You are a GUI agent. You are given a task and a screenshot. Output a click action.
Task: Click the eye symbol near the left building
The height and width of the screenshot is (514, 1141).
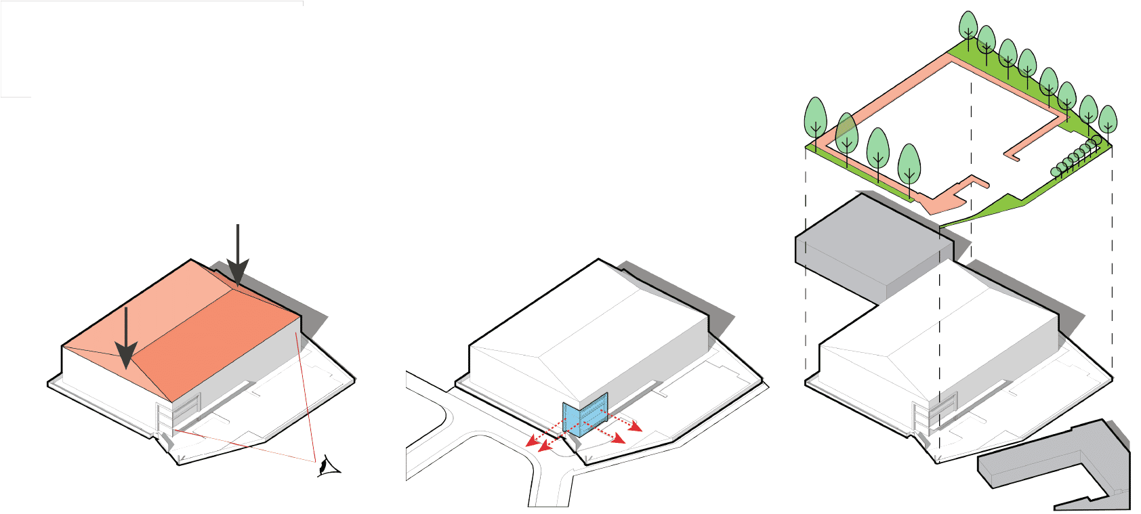pyautogui.click(x=329, y=467)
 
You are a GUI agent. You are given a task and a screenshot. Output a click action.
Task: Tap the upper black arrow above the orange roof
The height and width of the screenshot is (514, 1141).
pyautogui.click(x=238, y=257)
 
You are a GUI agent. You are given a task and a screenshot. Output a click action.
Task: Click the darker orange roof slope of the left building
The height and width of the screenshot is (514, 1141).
pyautogui.click(x=217, y=339)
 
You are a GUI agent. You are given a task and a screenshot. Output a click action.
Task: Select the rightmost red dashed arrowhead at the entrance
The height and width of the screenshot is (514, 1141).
pyautogui.click(x=636, y=427)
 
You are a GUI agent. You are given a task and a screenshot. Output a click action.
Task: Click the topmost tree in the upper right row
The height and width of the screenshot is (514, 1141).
pyautogui.click(x=968, y=27)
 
